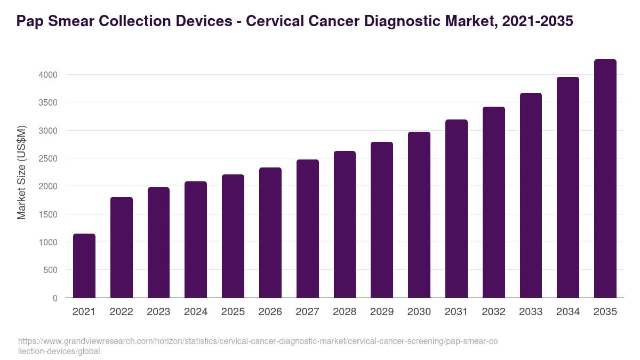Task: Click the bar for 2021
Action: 84,266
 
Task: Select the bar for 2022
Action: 122,247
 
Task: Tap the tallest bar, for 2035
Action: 605,179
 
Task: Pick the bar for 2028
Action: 345,225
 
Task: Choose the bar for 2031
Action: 457,209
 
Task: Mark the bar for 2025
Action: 233,236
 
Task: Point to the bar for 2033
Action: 531,195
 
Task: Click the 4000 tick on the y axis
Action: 48,75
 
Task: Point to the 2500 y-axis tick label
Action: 48,158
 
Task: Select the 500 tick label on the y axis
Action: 51,270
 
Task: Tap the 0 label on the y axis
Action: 55,298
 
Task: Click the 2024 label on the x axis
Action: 196,312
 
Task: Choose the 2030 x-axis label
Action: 419,312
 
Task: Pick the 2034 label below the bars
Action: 568,312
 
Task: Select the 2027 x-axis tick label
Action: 307,312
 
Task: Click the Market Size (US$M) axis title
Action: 21,172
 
